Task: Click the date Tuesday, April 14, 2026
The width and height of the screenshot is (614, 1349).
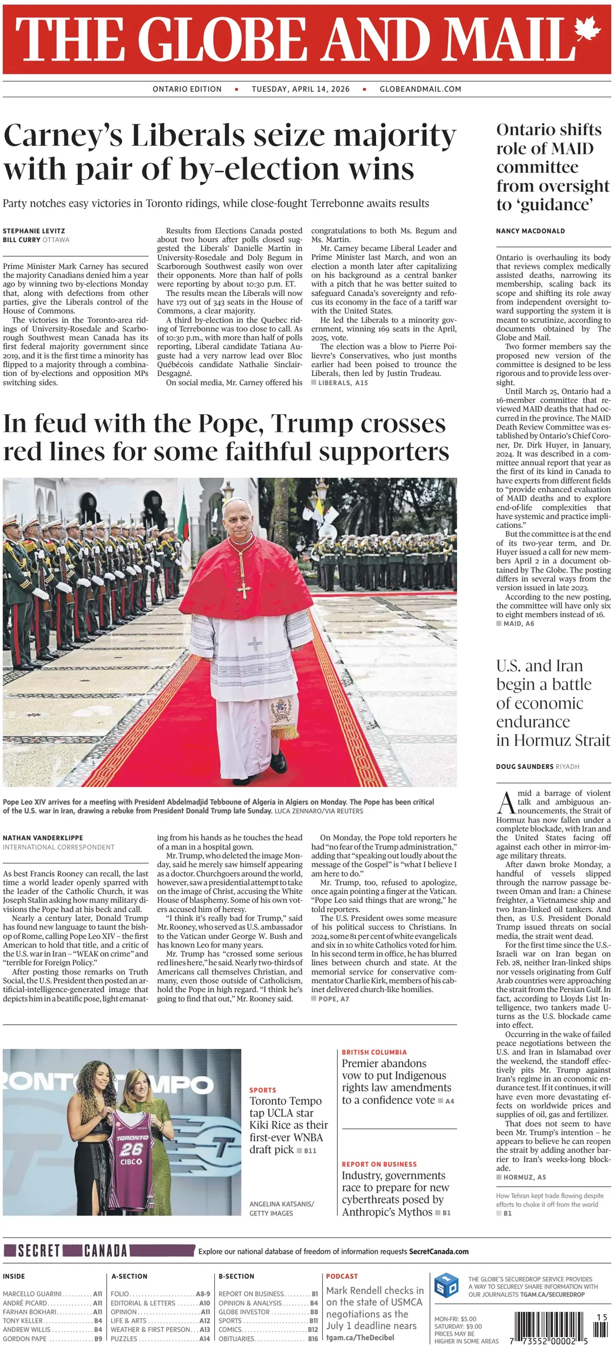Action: [x=300, y=89]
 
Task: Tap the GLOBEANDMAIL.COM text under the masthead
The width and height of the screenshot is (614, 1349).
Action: [x=420, y=89]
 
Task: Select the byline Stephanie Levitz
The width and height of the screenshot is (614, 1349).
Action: [x=34, y=231]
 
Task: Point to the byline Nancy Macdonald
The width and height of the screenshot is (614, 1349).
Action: [x=530, y=231]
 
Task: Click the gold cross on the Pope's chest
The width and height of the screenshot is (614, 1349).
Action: [x=244, y=589]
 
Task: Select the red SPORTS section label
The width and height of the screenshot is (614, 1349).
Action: [x=262, y=1090]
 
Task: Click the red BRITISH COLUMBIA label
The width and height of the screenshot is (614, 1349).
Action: [x=374, y=1052]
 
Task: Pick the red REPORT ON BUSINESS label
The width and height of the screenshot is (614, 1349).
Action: [x=379, y=1164]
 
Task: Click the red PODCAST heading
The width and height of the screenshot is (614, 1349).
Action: [x=342, y=1276]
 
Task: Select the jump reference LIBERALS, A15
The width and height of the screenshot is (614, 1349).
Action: [x=343, y=383]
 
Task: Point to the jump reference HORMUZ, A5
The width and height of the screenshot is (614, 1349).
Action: [x=524, y=1177]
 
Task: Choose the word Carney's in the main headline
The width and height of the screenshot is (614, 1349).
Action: [x=63, y=136]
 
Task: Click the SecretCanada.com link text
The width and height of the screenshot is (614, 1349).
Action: [x=438, y=1251]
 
